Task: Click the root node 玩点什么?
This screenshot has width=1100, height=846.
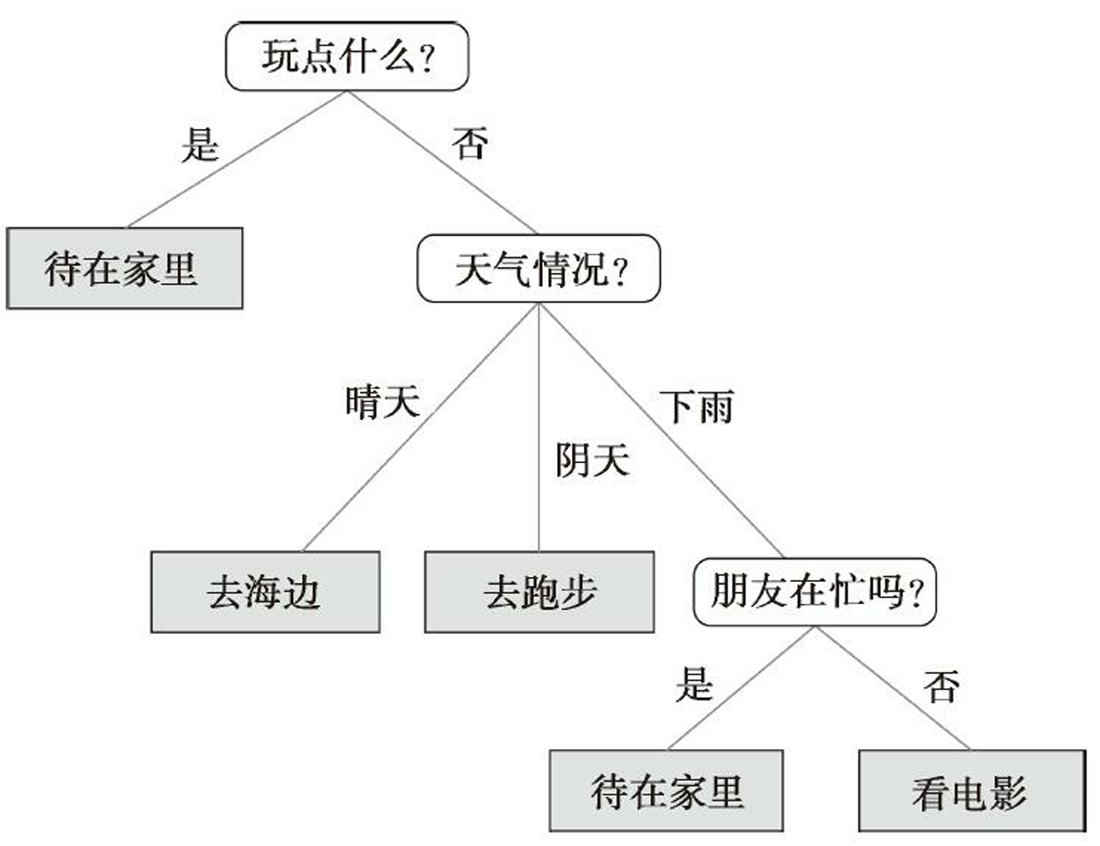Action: pos(348,56)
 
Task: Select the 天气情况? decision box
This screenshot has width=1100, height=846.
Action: pos(538,269)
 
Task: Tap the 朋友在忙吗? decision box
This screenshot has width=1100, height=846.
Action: pos(815,592)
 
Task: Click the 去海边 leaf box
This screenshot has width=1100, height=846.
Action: pos(265,592)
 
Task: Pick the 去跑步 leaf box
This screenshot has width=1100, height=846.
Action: pos(539,592)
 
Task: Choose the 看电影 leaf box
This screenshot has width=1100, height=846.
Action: pos(972,791)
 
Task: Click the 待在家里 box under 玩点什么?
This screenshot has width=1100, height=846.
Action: pos(125,269)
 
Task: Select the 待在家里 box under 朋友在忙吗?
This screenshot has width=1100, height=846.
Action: pos(666,791)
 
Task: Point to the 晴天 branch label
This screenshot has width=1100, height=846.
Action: pos(383,401)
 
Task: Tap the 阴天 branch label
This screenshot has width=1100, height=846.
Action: pos(593,460)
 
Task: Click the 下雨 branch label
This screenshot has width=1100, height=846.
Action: pos(697,407)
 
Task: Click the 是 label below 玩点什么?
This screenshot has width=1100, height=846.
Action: pos(201,145)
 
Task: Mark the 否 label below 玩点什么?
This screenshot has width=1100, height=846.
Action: pos(471,143)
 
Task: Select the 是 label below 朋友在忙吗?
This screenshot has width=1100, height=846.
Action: pos(694,684)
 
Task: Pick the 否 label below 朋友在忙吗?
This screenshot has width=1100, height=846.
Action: pos(942,686)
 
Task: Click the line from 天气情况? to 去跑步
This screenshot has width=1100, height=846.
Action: pos(538,427)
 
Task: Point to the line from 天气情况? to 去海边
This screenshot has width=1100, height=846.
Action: pos(421,427)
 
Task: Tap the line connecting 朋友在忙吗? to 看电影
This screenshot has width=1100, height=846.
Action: pos(893,689)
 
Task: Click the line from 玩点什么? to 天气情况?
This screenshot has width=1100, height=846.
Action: pos(441,163)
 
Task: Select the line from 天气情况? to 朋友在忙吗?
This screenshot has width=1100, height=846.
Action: pos(661,430)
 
